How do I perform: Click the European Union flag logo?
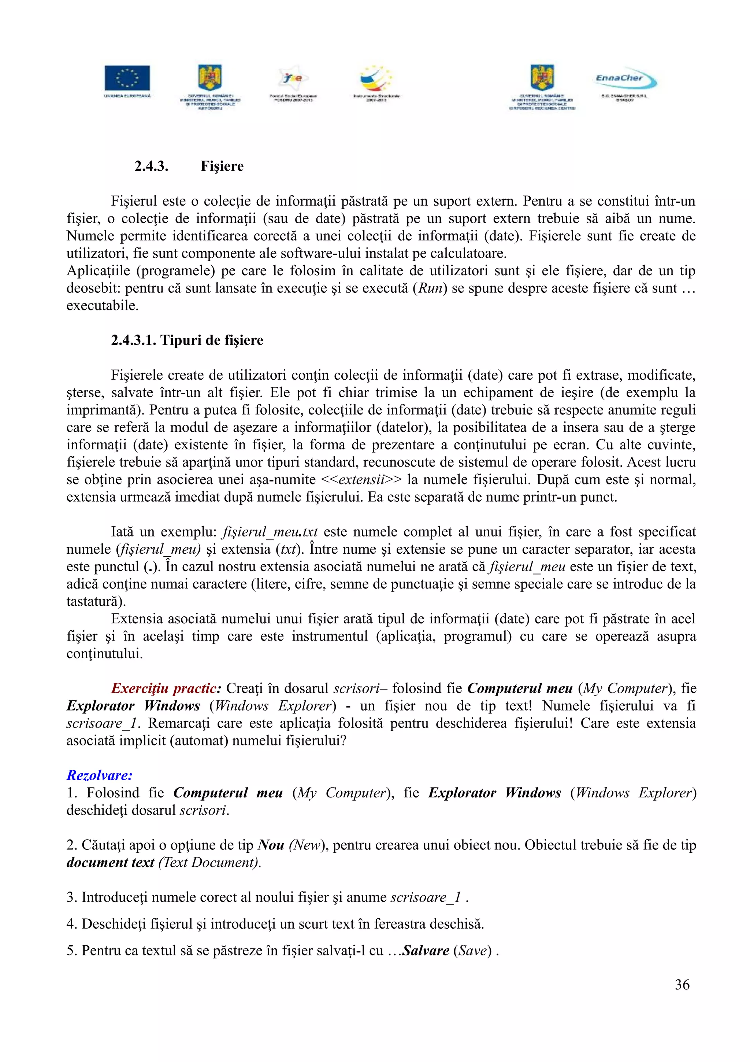[127, 78]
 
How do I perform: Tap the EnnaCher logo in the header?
[625, 80]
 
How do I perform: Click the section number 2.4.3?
[151, 166]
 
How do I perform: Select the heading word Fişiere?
[222, 166]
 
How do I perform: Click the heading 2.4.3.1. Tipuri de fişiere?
[187, 340]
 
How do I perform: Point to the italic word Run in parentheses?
[430, 288]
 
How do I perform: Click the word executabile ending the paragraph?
[102, 306]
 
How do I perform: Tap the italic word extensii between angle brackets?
[362, 480]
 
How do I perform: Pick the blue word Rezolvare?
[99, 775]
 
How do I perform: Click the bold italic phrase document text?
[110, 862]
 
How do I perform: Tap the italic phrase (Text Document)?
[210, 862]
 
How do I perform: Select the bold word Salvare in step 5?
[426, 951]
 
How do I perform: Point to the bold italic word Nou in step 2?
[271, 845]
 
